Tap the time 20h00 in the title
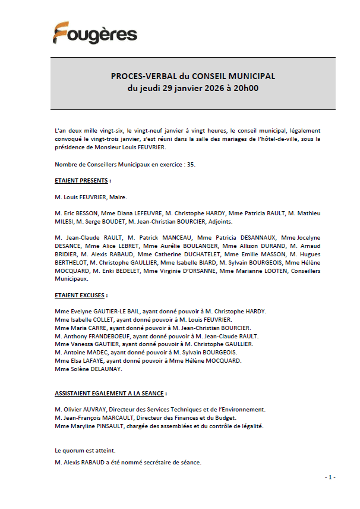pos(246,89)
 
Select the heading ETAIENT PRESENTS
pos(82,180)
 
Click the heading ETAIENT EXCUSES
pos(80,295)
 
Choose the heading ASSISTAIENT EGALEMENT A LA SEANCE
pos(110,394)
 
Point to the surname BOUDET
pos(102,221)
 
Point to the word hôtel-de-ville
pos(271,139)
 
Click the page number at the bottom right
pos(330,477)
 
